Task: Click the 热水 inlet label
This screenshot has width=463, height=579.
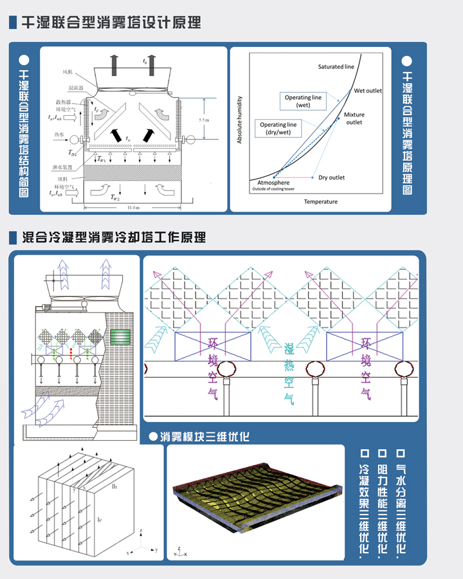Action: pyautogui.click(x=62, y=136)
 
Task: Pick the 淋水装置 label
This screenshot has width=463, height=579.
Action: pyautogui.click(x=66, y=166)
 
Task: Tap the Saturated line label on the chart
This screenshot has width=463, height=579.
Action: pyautogui.click(x=336, y=67)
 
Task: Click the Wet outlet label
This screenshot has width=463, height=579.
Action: pyautogui.click(x=368, y=91)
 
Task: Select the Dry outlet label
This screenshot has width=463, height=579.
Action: pyautogui.click(x=332, y=178)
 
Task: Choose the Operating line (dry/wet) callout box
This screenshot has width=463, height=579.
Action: pyautogui.click(x=278, y=129)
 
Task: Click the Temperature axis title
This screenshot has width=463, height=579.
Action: pyautogui.click(x=320, y=202)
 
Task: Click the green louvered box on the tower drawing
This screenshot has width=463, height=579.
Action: pyautogui.click(x=120, y=336)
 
